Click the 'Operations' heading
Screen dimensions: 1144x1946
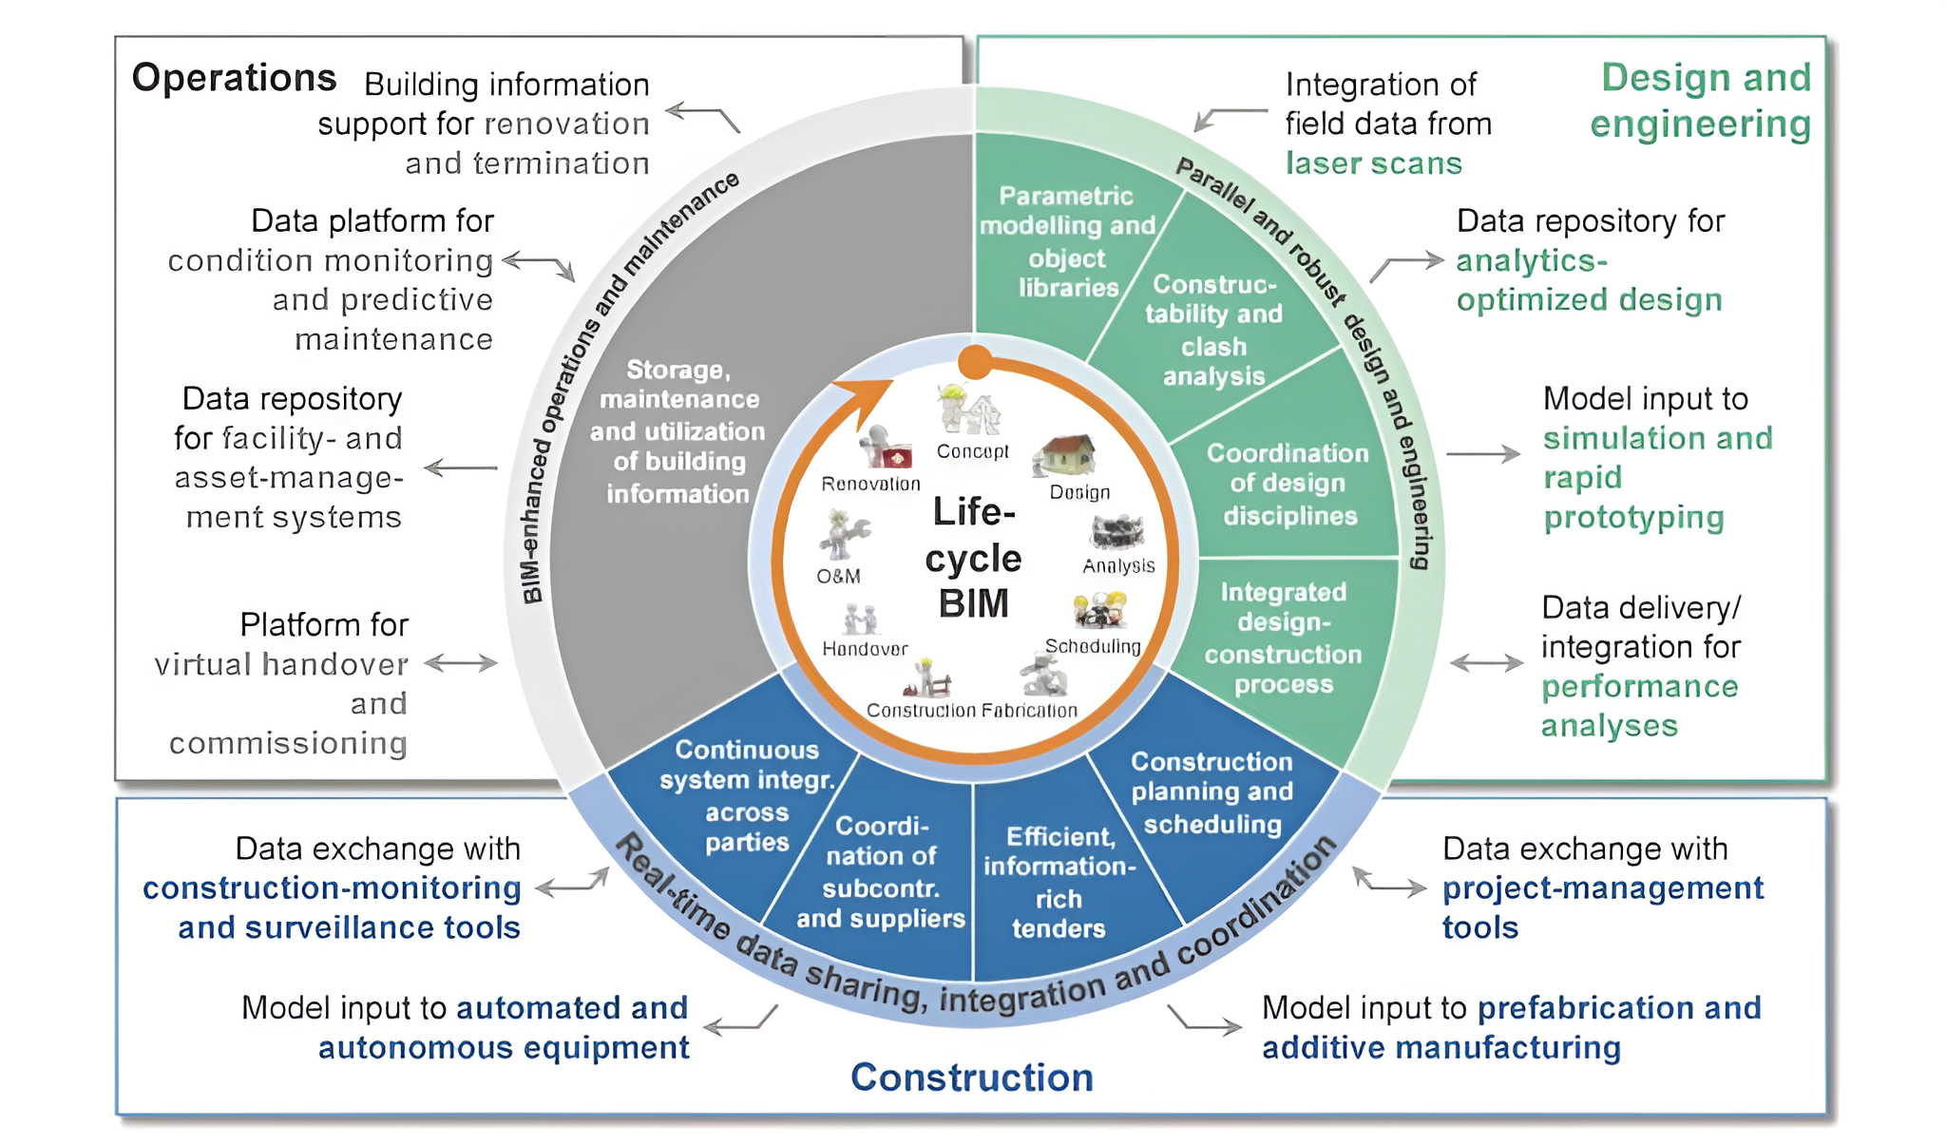pos(234,78)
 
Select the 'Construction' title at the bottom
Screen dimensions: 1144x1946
pos(971,1077)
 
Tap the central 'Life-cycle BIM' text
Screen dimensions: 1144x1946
pos(973,558)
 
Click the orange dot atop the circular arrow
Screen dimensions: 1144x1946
pos(975,362)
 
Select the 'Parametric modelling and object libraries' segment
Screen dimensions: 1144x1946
pos(1067,241)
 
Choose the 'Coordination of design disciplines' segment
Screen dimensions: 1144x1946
pos(1288,484)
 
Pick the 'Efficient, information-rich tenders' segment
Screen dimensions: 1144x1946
pos(1059,882)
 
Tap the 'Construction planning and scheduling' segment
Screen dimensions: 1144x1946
pos(1211,792)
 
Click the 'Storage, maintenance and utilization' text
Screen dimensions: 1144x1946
pos(677,431)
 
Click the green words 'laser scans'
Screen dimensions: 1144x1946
pos(1373,163)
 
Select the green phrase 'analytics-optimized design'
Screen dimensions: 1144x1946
pos(1588,280)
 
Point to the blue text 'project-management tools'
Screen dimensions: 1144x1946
pos(1601,906)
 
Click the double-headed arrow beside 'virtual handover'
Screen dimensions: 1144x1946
pos(461,663)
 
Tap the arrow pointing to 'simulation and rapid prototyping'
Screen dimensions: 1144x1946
pos(1483,454)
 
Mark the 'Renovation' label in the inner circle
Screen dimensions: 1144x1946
pos(870,484)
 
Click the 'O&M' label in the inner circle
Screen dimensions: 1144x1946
pos(838,576)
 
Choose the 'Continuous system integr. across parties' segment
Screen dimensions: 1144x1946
pos(747,796)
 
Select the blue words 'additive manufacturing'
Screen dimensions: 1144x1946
pos(1440,1047)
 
